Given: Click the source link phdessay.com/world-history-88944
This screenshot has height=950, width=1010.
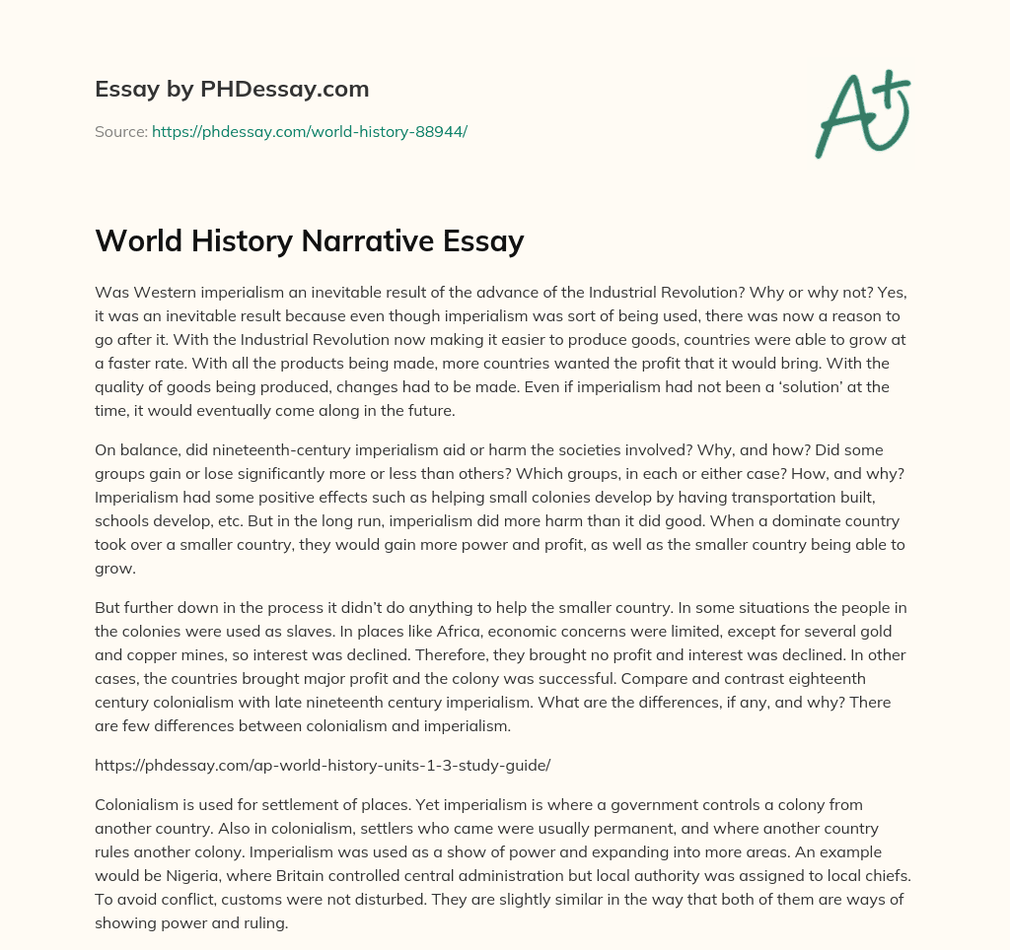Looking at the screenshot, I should (309, 131).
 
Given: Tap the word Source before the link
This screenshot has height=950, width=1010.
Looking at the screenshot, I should (120, 131).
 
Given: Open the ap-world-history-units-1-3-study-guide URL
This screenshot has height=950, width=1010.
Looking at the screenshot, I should (322, 765).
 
